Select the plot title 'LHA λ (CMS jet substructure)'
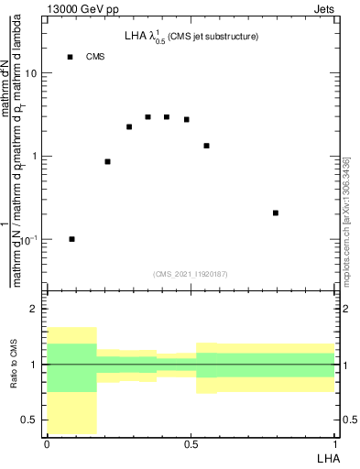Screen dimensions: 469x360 click(191, 37)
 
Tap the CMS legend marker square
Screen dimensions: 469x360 click(70, 57)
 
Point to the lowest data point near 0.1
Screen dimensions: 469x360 click(72, 239)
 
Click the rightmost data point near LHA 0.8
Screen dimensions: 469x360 click(276, 213)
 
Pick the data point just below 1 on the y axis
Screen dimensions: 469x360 click(108, 161)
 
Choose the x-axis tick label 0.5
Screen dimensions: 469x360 click(191, 444)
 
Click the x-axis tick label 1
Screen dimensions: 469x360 click(334, 444)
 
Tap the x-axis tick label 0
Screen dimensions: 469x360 click(47, 444)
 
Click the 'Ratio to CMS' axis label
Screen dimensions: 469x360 click(15, 364)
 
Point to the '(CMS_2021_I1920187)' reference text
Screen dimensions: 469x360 click(191, 274)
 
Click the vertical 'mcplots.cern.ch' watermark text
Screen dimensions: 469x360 click(351, 229)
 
